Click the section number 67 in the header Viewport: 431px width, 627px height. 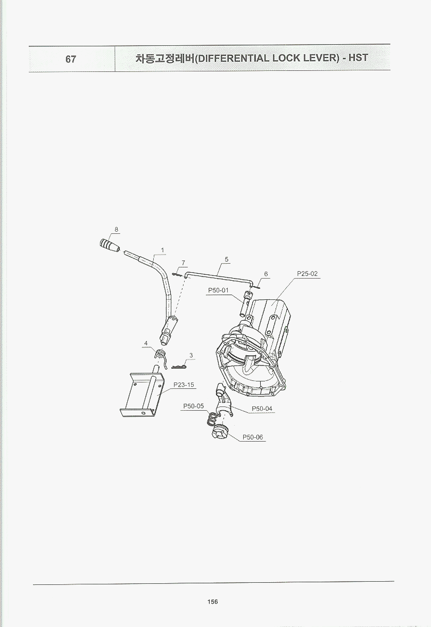click(x=71, y=59)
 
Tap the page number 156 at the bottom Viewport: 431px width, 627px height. click(x=212, y=602)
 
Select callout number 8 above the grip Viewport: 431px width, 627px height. click(x=116, y=230)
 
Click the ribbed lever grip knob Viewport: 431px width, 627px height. click(x=109, y=245)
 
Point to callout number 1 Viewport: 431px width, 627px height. click(x=162, y=250)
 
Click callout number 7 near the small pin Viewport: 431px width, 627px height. click(x=184, y=263)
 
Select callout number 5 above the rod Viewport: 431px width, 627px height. click(x=227, y=259)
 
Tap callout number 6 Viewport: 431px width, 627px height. click(x=266, y=274)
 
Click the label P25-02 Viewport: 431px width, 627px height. click(x=307, y=273)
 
